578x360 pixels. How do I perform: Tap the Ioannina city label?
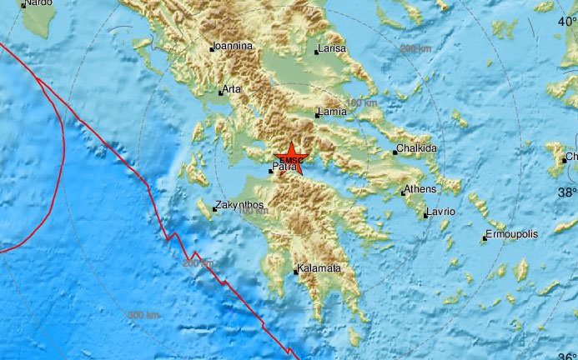pyautogui.click(x=233, y=47)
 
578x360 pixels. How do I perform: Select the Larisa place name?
pyautogui.click(x=332, y=50)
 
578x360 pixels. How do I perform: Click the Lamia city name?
pyautogui.click(x=332, y=113)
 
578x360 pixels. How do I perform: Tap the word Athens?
pyautogui.click(x=420, y=189)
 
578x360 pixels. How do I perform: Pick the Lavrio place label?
pyautogui.click(x=441, y=212)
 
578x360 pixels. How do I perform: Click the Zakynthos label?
pyautogui.click(x=239, y=205)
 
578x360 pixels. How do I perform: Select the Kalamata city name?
pyautogui.click(x=319, y=268)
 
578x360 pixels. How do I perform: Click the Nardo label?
pyautogui.click(x=37, y=3)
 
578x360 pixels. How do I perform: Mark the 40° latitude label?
pyautogui.click(x=567, y=21)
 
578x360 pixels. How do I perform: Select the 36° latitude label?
pyautogui.click(x=567, y=357)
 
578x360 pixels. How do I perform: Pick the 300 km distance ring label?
pyautogui.click(x=143, y=315)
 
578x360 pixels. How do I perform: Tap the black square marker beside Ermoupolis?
pyautogui.click(x=484, y=240)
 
